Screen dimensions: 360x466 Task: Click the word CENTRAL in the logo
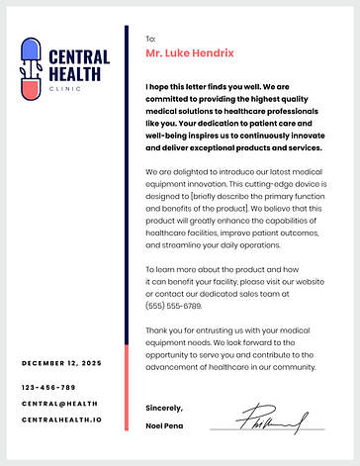click(x=78, y=57)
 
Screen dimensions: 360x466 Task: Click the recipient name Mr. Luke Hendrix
click(x=190, y=52)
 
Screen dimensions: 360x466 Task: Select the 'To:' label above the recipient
click(x=150, y=38)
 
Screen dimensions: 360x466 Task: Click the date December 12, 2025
click(x=61, y=364)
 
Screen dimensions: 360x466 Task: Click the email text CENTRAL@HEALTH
click(x=59, y=403)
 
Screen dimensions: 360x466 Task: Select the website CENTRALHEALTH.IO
click(x=61, y=419)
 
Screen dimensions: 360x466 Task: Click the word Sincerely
click(x=164, y=408)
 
